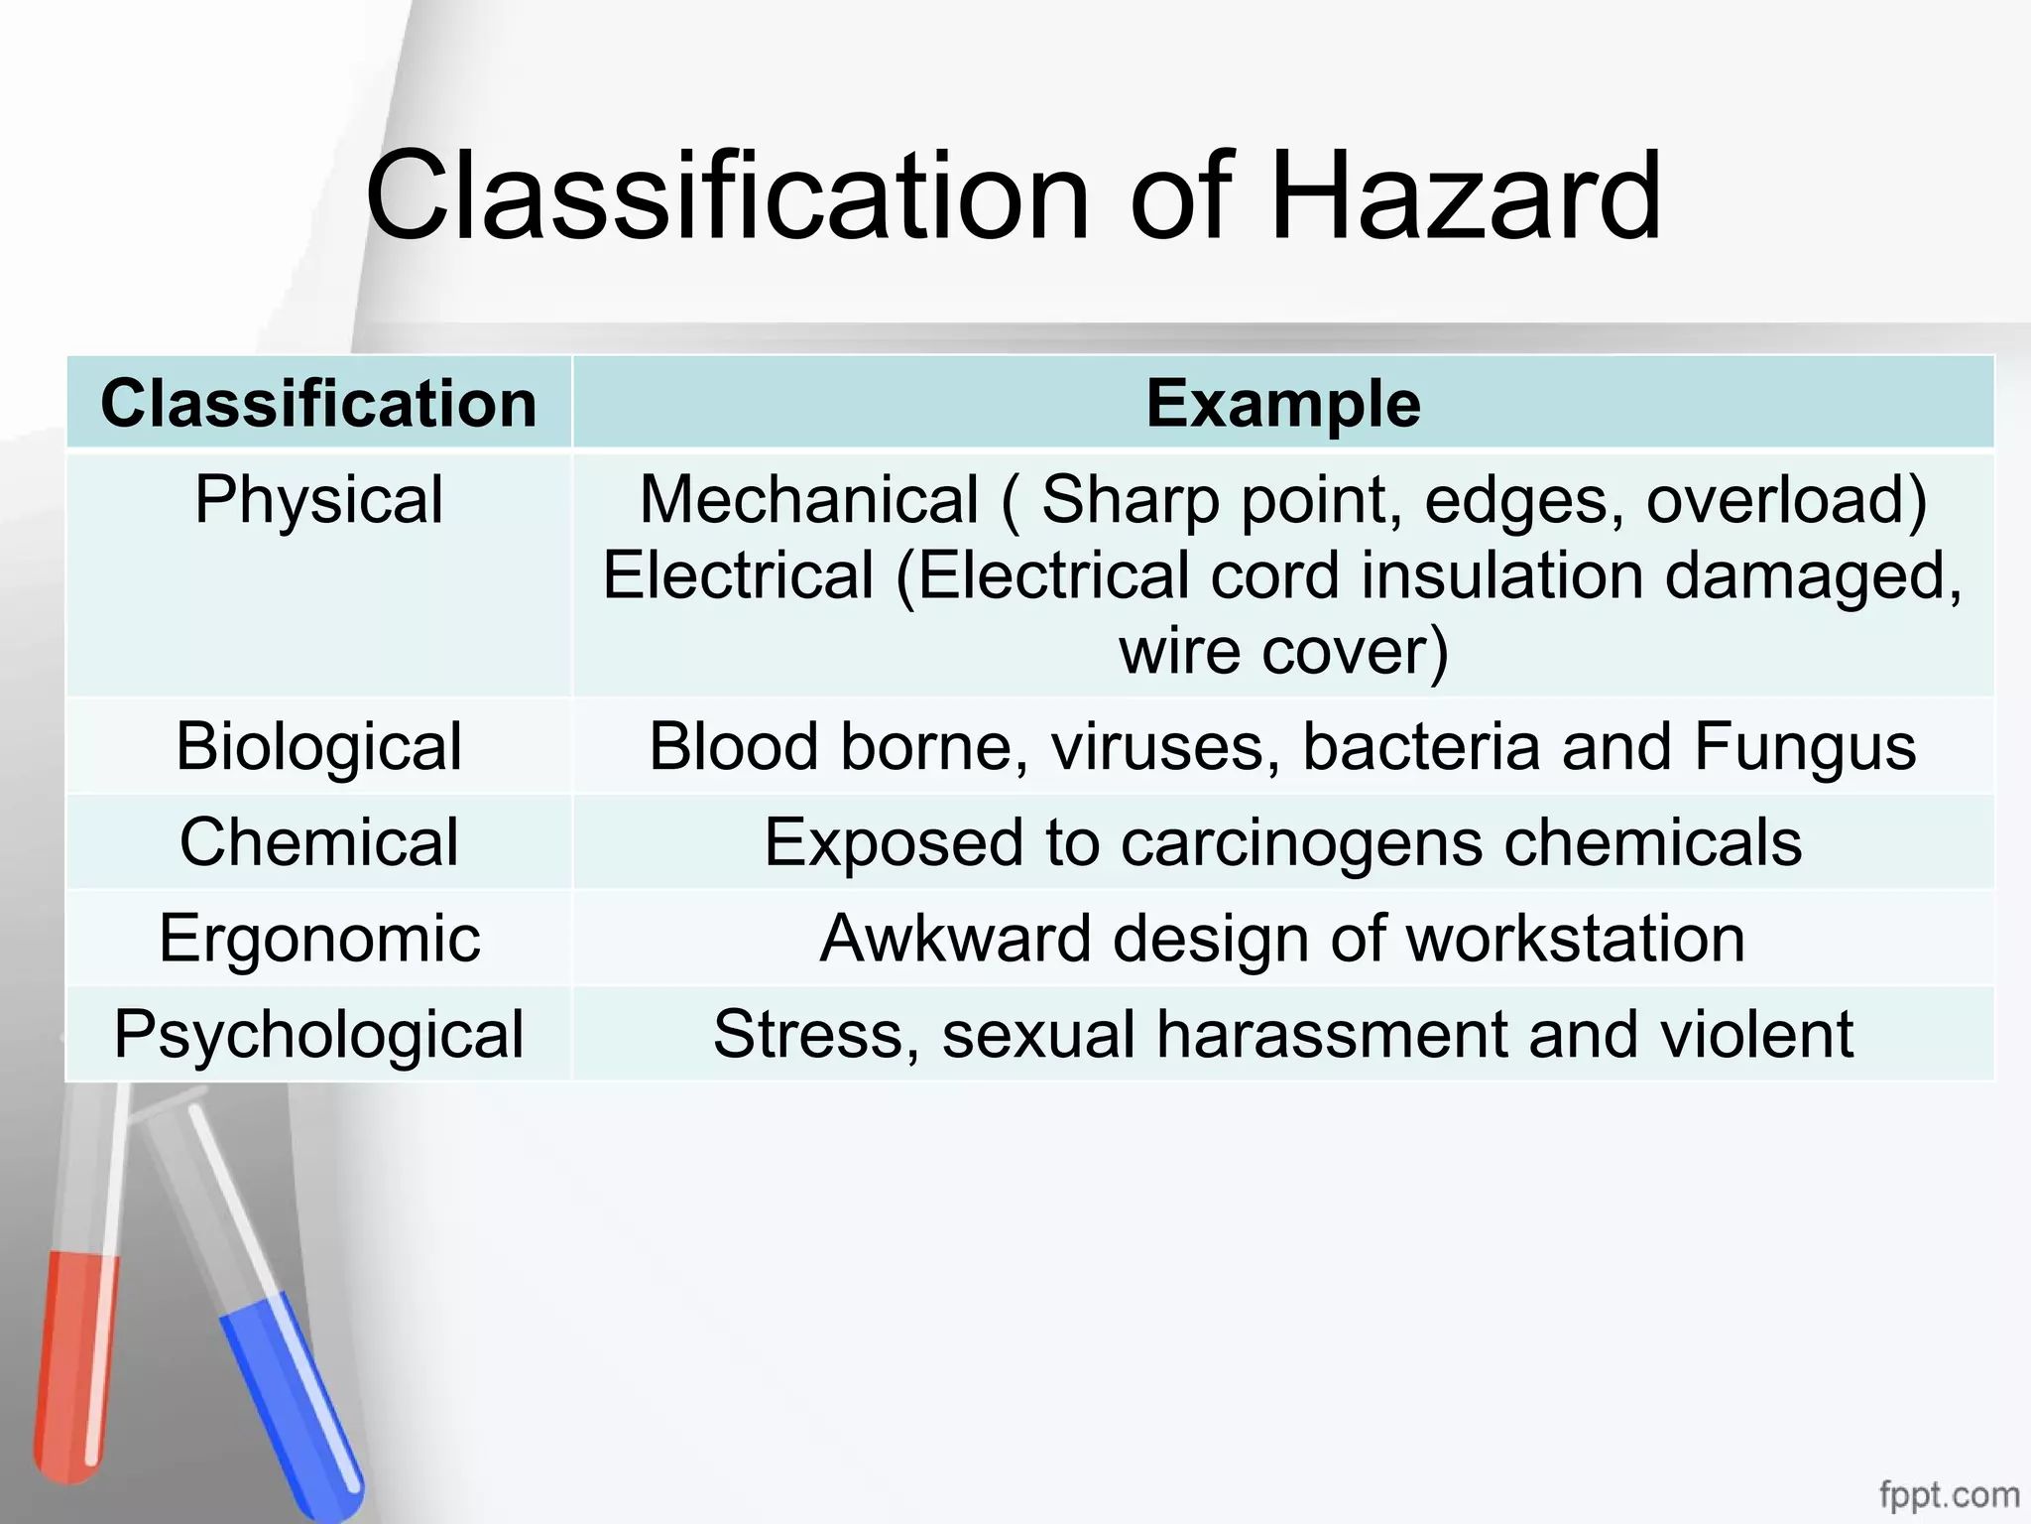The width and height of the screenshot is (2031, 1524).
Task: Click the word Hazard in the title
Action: tap(1465, 196)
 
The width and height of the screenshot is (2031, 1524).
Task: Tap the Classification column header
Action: tap(318, 404)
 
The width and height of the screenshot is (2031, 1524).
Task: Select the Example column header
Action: tap(1283, 404)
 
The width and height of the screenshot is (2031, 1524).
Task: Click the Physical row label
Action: tap(318, 499)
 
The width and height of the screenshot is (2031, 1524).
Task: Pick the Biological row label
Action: tap(318, 746)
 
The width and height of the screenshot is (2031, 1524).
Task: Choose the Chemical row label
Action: tap(318, 842)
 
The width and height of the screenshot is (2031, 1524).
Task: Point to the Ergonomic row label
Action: tap(318, 939)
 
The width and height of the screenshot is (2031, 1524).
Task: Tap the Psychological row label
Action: tap(318, 1034)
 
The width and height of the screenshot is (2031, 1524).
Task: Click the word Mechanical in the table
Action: tap(809, 499)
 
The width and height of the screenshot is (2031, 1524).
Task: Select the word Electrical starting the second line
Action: tap(739, 575)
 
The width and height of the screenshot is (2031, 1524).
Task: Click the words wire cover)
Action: tap(1283, 652)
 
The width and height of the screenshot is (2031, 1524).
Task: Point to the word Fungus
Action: tap(1805, 746)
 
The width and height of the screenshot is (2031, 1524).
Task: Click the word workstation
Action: tap(1576, 939)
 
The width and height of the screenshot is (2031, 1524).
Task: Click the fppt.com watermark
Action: tap(1949, 1494)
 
